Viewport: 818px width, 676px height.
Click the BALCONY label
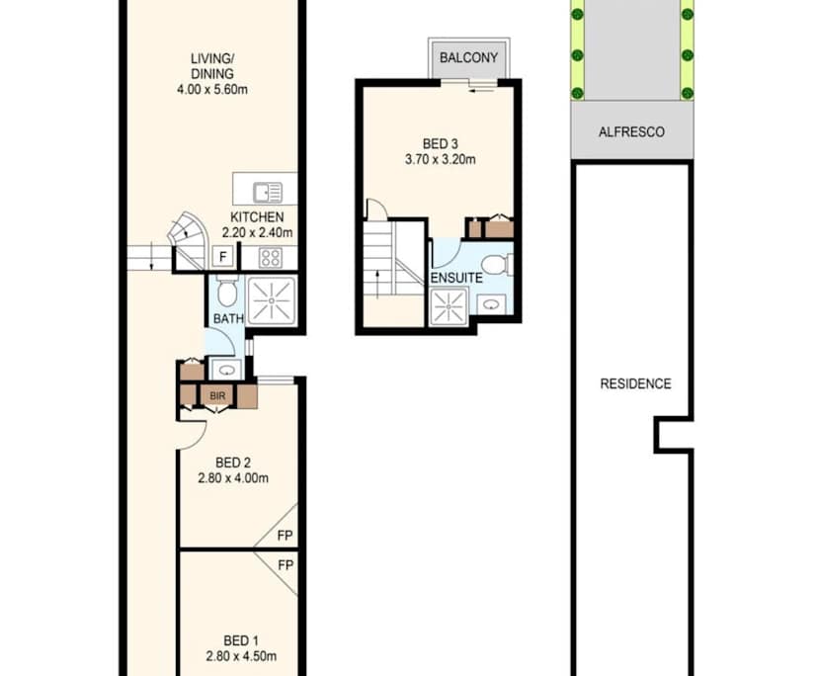point(469,57)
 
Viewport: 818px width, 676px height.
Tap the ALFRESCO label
point(631,131)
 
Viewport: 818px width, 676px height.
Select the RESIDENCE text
point(635,383)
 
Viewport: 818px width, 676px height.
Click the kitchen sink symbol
point(267,192)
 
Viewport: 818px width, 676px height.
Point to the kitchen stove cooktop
point(271,258)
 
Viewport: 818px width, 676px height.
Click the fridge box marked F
point(223,258)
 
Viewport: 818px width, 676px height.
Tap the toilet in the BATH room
point(226,293)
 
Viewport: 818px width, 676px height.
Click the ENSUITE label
point(455,278)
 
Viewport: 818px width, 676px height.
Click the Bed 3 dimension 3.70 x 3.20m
point(440,159)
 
